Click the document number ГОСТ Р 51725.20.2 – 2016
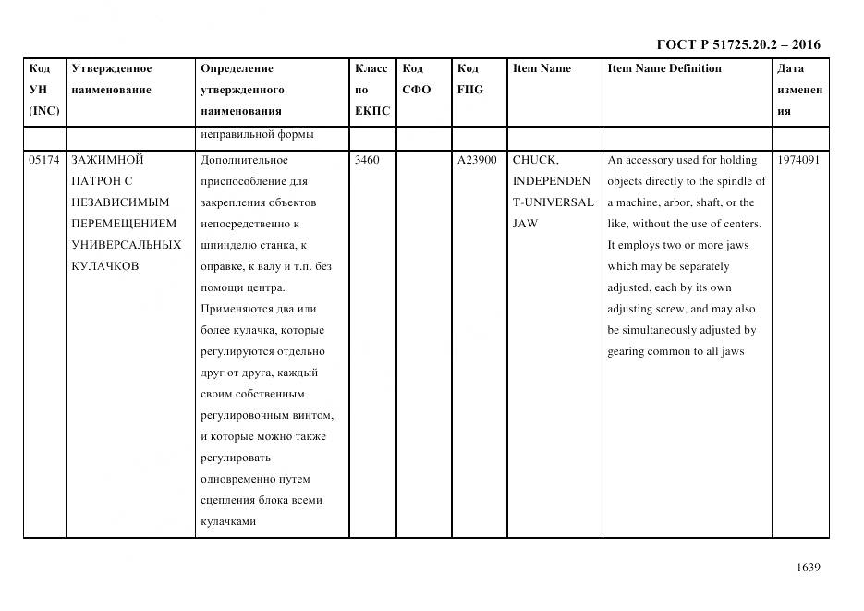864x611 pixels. pos(737,44)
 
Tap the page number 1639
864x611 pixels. pos(808,568)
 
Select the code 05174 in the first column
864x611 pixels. pos(43,160)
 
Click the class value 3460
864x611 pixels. pos(367,160)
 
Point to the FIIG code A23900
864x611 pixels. pos(477,160)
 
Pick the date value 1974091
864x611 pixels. pos(798,160)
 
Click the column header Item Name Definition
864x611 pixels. pos(664,68)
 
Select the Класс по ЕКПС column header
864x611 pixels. pos(371,90)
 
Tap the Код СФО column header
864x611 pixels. pos(417,79)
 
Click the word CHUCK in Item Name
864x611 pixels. pos(534,160)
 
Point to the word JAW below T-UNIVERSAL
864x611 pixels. pos(525,224)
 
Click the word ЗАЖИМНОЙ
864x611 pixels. pos(106,160)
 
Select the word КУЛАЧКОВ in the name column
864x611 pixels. pos(104,266)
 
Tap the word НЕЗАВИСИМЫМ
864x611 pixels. pos(120,202)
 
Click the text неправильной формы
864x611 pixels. pos(257,134)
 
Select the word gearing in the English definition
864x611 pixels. pos(627,351)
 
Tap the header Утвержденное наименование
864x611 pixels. pos(112,79)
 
